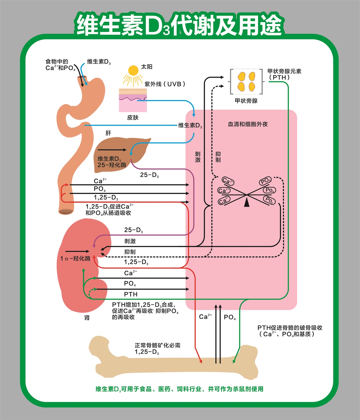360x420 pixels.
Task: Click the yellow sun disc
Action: coord(133,70)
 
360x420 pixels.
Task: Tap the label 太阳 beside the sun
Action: coord(147,67)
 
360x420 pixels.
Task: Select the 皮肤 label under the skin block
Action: coord(133,117)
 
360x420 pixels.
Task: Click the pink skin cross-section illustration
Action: coord(133,101)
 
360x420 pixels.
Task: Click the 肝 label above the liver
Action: coord(108,133)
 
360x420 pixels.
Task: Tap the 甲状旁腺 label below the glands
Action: coord(246,101)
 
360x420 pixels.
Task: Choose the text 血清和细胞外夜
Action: coord(248,124)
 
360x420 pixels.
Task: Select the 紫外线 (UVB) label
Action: coord(165,84)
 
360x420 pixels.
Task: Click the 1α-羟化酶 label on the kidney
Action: coord(75,258)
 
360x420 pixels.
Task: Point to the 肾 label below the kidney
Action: coord(87,318)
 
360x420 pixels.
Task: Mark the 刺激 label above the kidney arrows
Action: coord(130,241)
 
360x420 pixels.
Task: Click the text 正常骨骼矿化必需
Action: coord(157,345)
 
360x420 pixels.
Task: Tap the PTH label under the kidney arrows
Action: coord(131,294)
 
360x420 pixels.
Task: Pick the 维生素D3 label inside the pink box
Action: coord(190,125)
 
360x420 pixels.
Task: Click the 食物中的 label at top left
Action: coord(57,62)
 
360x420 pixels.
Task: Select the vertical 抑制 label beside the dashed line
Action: coord(218,157)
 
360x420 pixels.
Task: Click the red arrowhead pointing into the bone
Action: coord(201,361)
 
